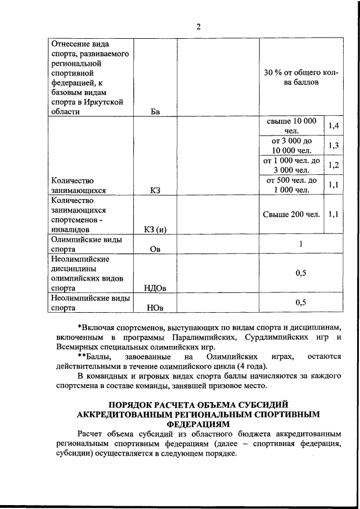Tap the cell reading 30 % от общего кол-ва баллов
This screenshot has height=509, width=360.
[300, 77]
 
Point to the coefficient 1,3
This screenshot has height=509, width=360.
[333, 146]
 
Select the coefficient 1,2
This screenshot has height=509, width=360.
[333, 165]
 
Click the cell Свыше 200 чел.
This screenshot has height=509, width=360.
[292, 214]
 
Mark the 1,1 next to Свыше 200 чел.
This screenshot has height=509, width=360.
[333, 214]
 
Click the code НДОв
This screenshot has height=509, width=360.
[156, 289]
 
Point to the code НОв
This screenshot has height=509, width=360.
[156, 308]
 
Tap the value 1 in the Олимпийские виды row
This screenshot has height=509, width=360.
[300, 244]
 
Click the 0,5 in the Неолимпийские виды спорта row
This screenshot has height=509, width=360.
[300, 303]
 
